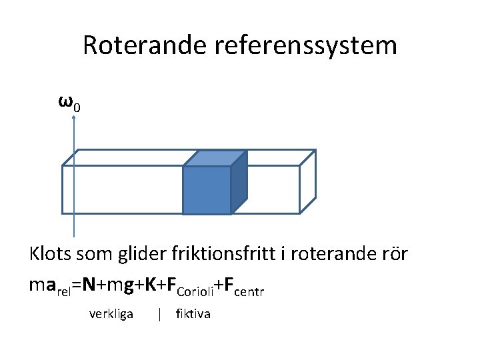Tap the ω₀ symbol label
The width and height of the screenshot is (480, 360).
(69, 103)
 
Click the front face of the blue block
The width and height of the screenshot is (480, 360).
(207, 190)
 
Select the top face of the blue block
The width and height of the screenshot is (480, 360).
(215, 158)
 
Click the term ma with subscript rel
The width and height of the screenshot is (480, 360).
(50, 287)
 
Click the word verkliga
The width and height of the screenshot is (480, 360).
(111, 313)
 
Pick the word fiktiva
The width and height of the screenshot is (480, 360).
(193, 313)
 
